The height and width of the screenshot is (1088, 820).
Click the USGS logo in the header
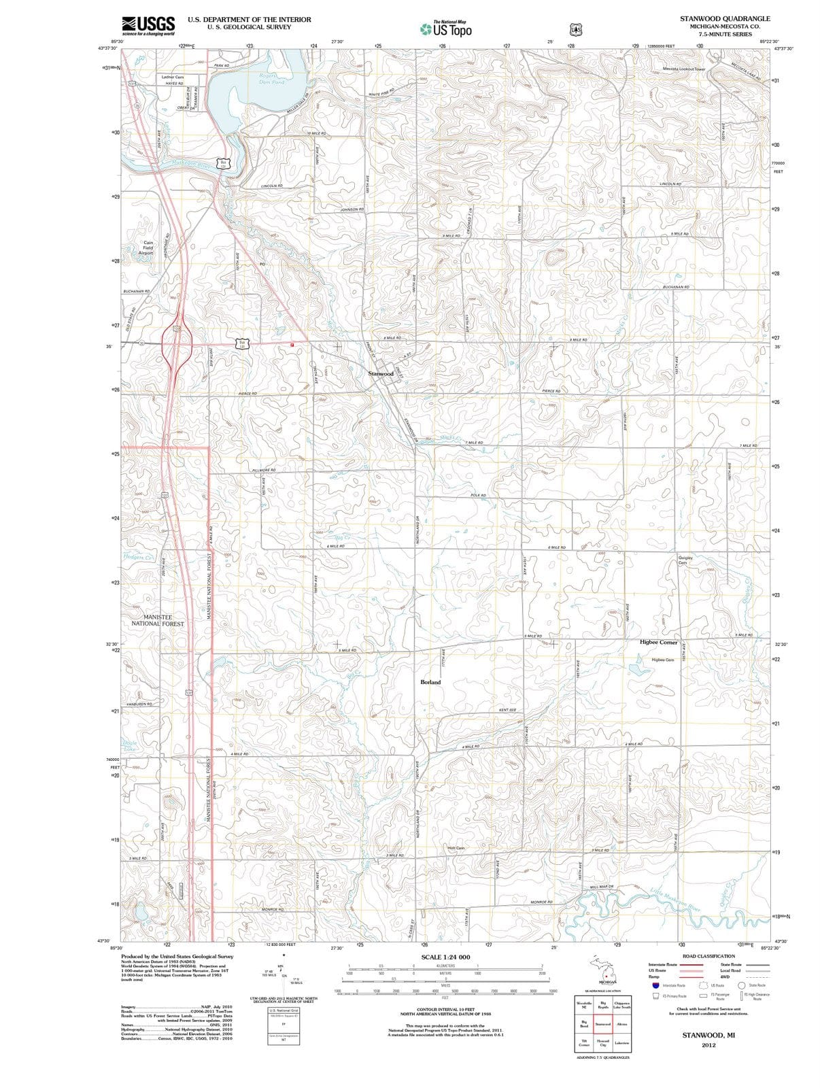point(148,25)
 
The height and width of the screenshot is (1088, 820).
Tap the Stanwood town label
point(381,374)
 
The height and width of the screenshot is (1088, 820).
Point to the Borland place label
point(430,682)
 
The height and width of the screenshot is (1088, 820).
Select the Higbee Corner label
point(658,642)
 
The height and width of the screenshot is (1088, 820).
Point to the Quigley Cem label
point(685,560)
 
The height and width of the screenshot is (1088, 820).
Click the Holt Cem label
point(456,848)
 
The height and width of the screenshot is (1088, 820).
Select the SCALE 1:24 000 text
point(445,957)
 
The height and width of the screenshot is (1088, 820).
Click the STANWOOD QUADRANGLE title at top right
point(725,18)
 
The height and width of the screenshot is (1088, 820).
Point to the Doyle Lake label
point(129,745)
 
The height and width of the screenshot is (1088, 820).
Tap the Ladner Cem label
point(173,77)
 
